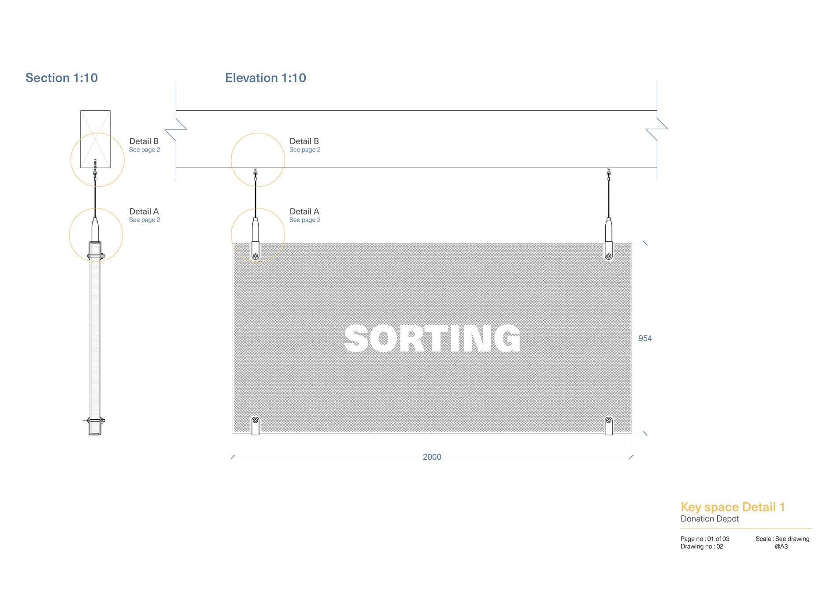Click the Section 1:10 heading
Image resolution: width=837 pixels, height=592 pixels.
(62, 78)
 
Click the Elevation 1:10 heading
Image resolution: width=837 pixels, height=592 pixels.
(266, 78)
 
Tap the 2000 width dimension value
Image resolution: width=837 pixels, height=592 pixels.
(432, 457)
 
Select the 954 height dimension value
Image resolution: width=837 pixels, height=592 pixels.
(645, 338)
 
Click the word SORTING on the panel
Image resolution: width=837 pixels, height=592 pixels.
(432, 338)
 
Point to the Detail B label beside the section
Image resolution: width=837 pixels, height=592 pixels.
(144, 141)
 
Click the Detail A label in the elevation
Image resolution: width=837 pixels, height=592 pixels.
(304, 211)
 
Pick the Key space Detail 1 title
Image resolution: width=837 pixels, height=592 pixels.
(733, 507)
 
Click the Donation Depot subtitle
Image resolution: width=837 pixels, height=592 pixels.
(710, 519)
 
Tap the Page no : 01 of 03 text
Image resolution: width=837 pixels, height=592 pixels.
(705, 539)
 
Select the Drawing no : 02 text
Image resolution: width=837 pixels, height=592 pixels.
(702, 547)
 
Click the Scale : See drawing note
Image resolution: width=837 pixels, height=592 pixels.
(782, 539)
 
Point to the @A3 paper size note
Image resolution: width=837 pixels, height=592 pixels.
(781, 547)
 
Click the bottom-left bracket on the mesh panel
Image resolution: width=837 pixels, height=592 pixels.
(256, 425)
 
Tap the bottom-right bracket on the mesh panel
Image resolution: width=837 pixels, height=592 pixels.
(609, 425)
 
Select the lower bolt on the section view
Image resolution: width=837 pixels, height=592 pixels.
(96, 421)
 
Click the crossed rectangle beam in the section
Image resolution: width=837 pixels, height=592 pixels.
(95, 139)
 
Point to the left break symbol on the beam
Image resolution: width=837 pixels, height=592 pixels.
(176, 129)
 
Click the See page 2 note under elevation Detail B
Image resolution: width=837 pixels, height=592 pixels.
(305, 150)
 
